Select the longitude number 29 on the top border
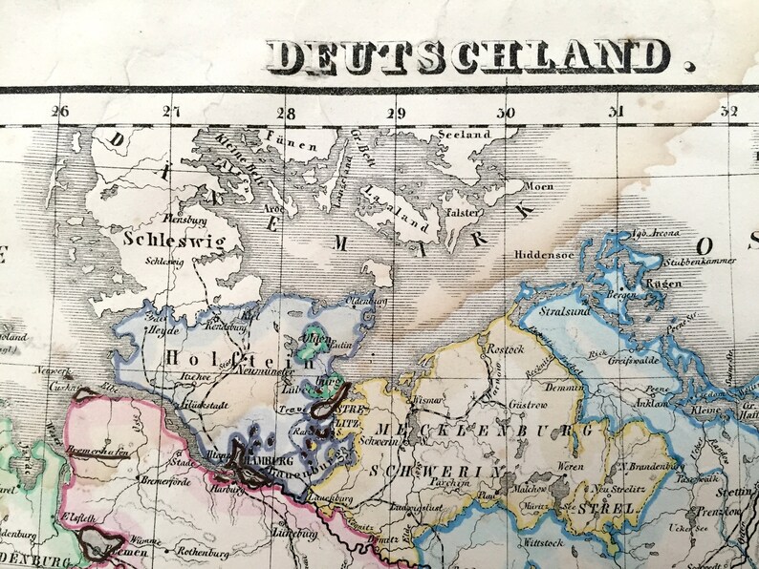[396, 112]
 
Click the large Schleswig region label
[174, 239]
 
